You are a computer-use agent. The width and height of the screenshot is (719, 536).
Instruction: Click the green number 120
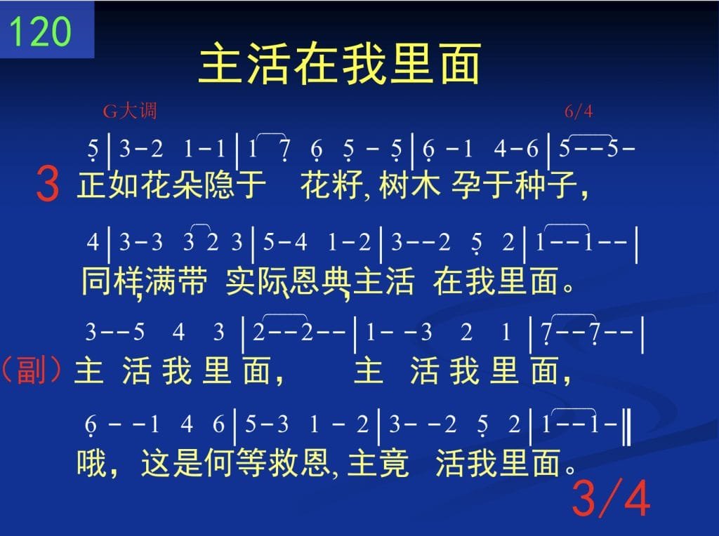click(40, 31)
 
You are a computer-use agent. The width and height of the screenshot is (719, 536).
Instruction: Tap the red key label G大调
click(130, 111)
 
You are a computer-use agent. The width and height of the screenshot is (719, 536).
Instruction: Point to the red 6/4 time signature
click(579, 111)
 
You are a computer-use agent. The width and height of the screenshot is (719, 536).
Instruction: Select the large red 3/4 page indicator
click(612, 498)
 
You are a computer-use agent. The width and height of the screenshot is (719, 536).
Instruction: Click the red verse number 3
click(48, 184)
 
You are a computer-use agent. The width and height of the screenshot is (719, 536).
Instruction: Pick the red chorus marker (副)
click(31, 370)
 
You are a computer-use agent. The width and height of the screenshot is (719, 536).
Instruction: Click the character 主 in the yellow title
click(221, 63)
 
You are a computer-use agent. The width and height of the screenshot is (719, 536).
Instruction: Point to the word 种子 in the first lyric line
click(546, 185)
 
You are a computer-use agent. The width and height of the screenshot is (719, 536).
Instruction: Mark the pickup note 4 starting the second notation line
click(93, 241)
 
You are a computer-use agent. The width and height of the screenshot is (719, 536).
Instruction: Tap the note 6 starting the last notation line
click(91, 425)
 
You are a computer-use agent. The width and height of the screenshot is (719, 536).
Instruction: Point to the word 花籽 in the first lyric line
click(331, 185)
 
